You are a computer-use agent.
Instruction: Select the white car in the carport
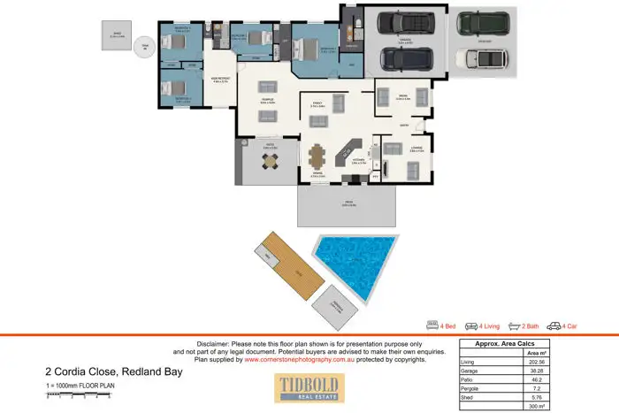(x=481, y=58)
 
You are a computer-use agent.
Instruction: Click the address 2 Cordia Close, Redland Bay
(x=114, y=371)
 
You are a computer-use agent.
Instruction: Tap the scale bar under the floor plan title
(x=78, y=394)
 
